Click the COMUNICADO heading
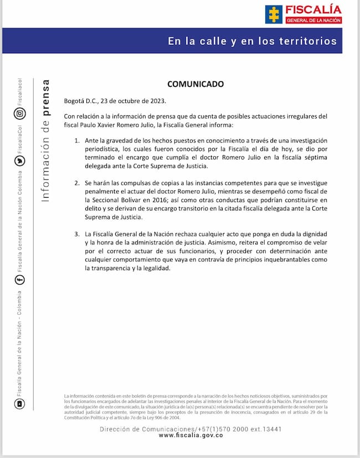196,84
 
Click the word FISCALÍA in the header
314,9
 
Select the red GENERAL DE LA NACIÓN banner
314,20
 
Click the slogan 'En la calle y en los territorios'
252,42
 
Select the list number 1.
77,141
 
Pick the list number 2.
77,182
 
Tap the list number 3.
77,234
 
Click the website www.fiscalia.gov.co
191,436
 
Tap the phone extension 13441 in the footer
272,428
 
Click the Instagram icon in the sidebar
19,114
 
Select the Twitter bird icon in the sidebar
19,161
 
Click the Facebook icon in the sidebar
19,280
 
